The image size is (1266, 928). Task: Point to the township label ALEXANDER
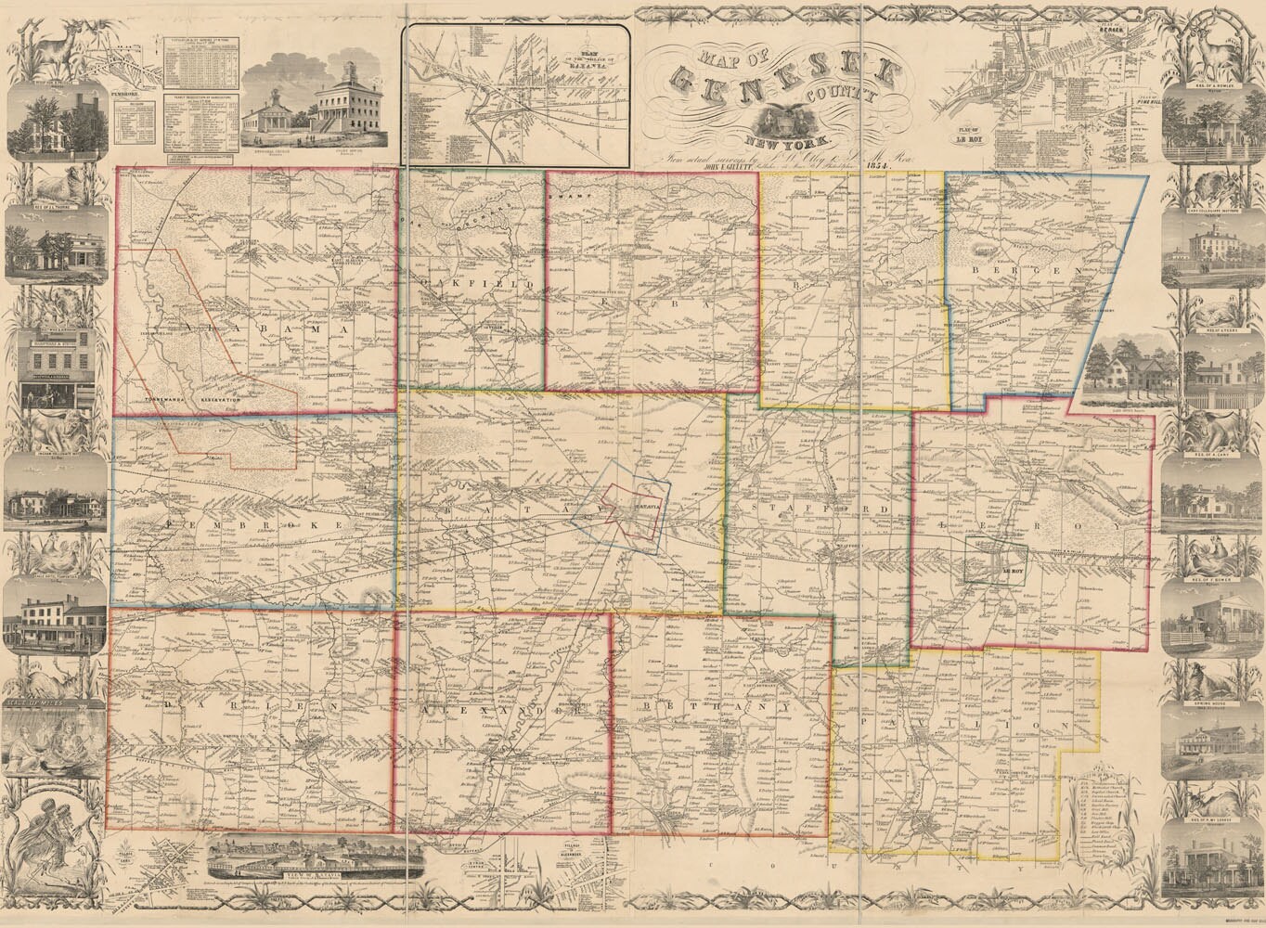coord(501,711)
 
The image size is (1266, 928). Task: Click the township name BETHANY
coord(715,707)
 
